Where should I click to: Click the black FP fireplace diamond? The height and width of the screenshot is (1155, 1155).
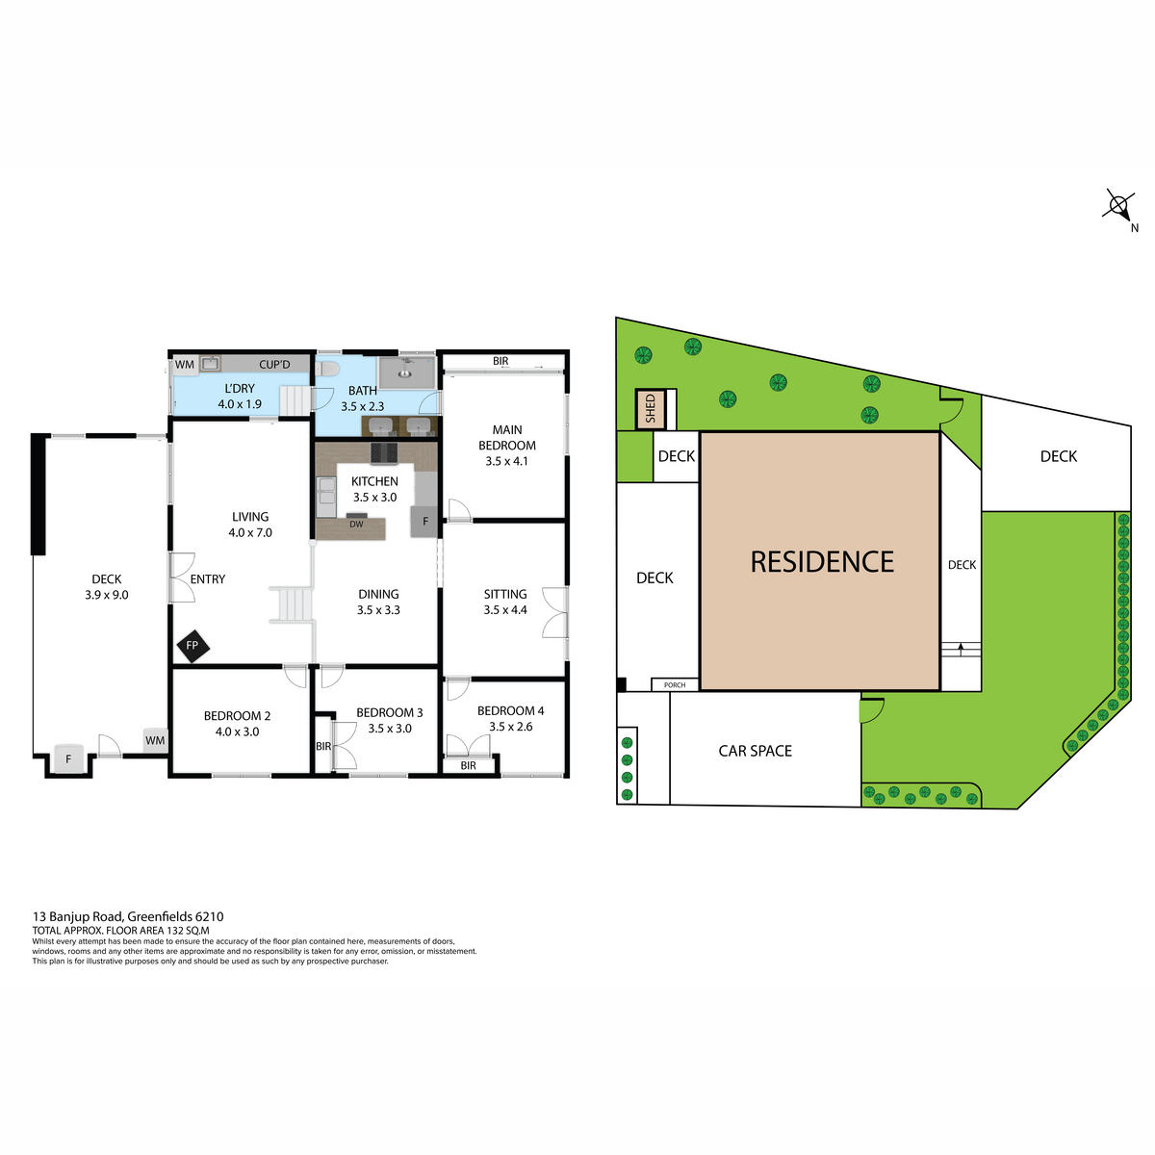tap(192, 646)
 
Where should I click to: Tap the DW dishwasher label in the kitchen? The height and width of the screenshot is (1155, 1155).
tap(356, 524)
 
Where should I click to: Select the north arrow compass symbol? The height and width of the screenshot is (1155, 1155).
tap(1117, 207)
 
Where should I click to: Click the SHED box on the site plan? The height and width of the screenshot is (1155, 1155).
tap(650, 409)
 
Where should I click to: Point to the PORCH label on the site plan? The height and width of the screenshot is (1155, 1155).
tap(675, 684)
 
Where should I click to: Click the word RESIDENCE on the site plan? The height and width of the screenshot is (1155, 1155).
tap(822, 561)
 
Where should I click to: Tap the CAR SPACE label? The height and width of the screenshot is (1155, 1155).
tap(755, 751)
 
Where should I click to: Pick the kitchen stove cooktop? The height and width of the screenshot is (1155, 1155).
tap(384, 452)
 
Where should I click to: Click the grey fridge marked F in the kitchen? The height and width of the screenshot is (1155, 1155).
tap(425, 521)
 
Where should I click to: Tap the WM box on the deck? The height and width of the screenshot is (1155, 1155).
tap(155, 740)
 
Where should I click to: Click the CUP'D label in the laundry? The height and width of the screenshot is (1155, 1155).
tap(274, 365)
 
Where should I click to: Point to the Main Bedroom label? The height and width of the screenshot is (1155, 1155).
tap(506, 438)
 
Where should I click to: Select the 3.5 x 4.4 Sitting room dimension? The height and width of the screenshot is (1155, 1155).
tap(505, 610)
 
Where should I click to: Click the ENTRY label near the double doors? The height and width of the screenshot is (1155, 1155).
tap(207, 579)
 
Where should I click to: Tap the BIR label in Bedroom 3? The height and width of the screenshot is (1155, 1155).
tap(323, 746)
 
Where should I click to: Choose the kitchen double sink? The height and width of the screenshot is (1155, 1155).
tap(326, 497)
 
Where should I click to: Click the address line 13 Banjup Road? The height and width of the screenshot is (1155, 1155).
tap(128, 916)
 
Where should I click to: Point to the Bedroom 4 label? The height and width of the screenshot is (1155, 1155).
tap(510, 711)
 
